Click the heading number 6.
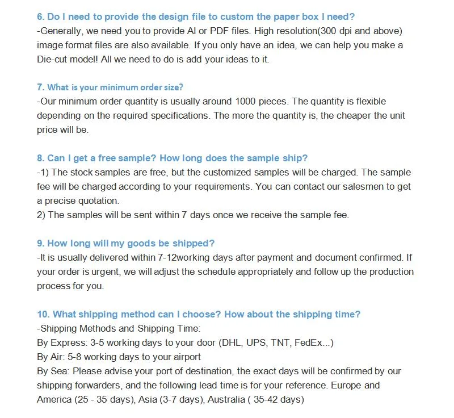coord(40,16)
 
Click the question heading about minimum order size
coord(110,87)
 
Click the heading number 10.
coord(43,314)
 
